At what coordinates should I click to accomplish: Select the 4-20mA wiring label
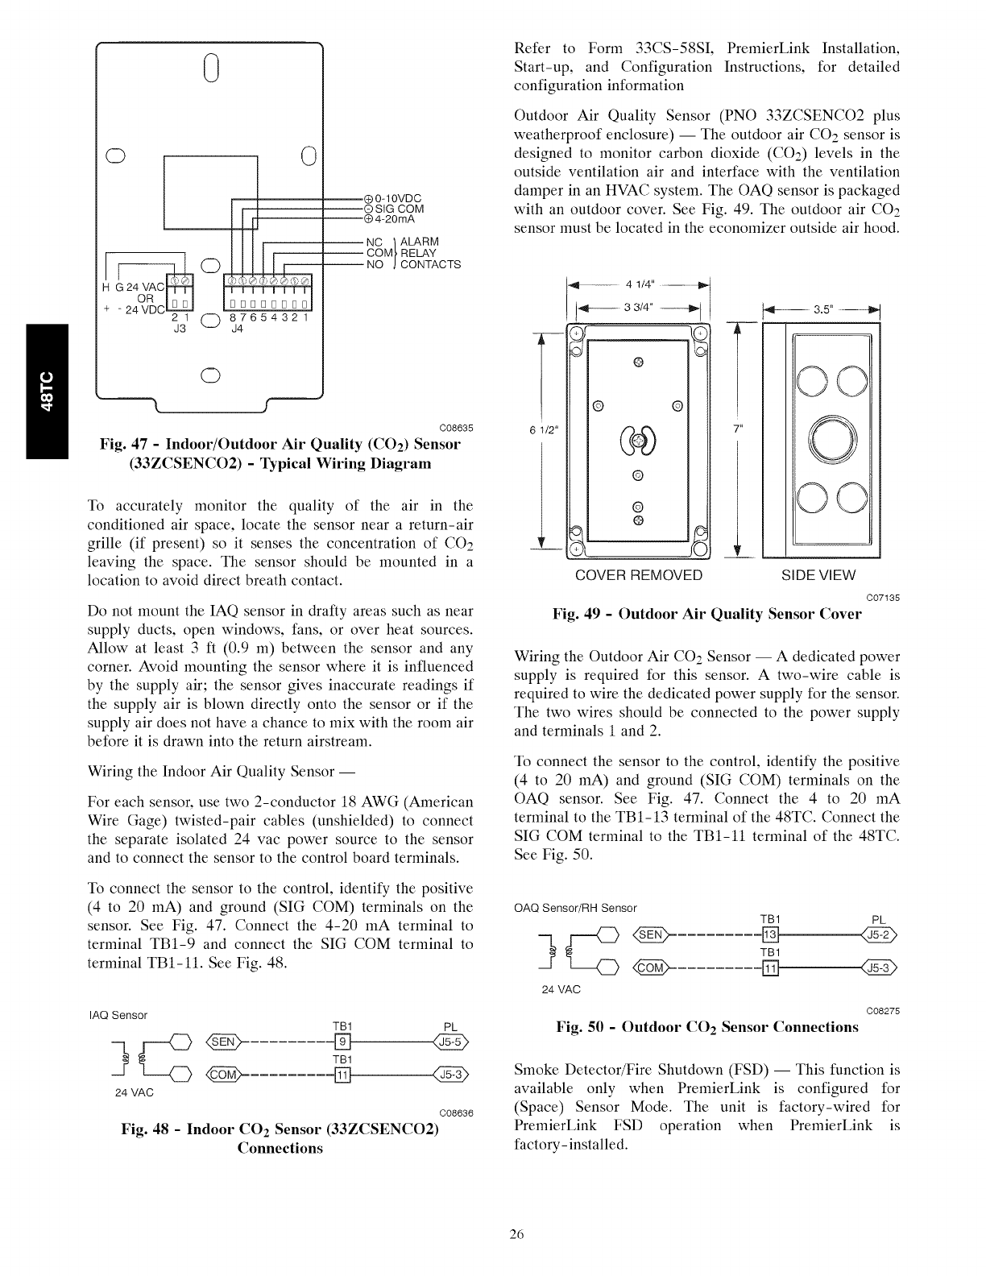pos(394,218)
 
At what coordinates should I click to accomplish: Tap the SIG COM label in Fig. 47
pos(400,209)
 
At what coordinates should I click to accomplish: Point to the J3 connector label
pos(180,328)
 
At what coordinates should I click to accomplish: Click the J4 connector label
pos(238,328)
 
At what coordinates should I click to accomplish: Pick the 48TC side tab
pos(48,390)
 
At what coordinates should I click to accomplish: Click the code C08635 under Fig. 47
pos(456,427)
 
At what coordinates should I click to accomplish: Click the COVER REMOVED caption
pos(639,575)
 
